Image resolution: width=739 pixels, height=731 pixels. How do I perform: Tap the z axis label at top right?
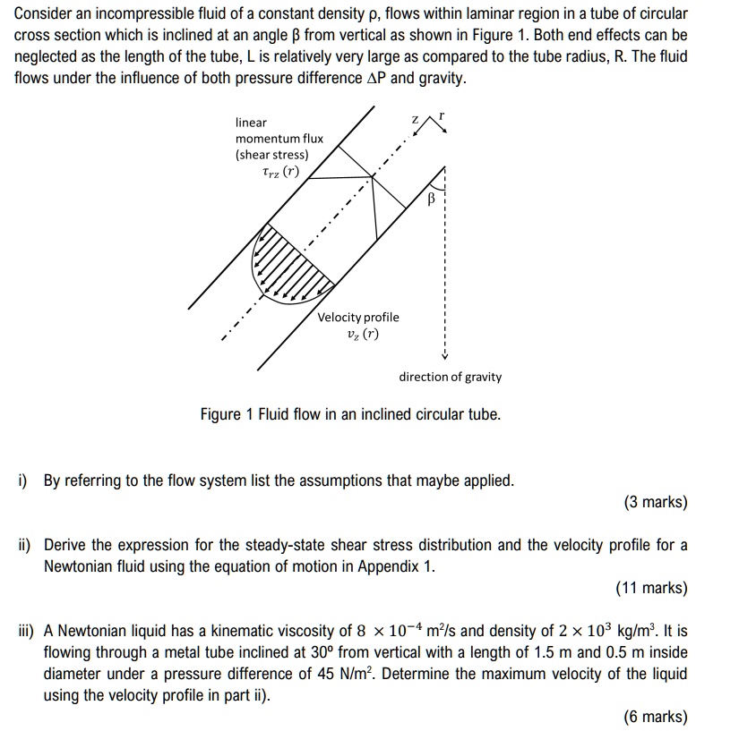(x=415, y=120)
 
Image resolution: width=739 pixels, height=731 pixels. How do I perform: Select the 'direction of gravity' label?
(x=450, y=377)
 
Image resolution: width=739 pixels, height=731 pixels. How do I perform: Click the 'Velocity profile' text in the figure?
(x=358, y=318)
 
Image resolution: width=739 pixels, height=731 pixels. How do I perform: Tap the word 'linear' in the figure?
(x=251, y=122)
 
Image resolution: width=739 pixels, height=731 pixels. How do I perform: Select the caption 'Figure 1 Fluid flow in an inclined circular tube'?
(x=350, y=414)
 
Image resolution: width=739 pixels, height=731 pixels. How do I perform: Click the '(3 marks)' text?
(x=656, y=502)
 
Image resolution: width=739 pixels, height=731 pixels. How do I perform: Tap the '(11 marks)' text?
(x=652, y=588)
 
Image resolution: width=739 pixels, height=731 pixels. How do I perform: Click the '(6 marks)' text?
(x=656, y=716)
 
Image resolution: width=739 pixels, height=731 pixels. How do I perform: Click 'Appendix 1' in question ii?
(x=400, y=566)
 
